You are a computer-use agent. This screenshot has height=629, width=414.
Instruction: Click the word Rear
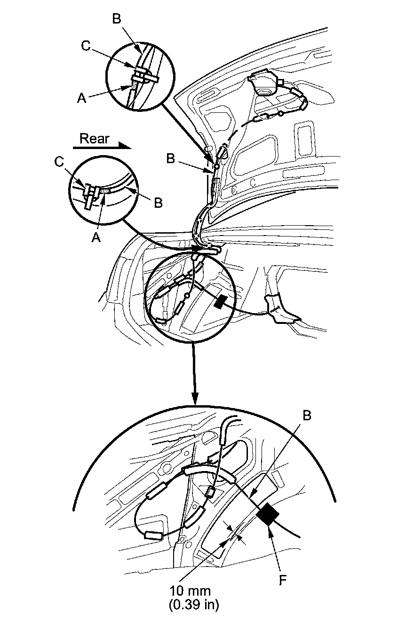94,138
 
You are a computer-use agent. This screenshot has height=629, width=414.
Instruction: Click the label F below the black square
282,581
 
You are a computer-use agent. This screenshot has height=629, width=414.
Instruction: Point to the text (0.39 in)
193,605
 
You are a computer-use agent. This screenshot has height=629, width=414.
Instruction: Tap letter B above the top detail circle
117,19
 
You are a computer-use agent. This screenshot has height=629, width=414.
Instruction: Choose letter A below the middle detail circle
96,238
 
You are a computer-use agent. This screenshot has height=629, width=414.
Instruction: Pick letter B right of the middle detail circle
159,203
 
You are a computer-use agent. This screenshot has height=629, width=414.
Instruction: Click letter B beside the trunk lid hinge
170,159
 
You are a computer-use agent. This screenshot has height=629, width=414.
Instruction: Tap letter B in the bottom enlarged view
307,416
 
